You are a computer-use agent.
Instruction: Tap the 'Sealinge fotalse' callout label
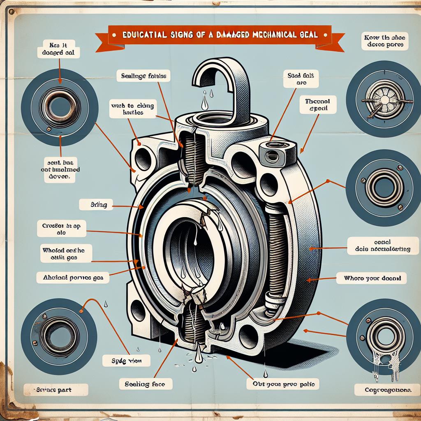143,76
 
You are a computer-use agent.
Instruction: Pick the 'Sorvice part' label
56,389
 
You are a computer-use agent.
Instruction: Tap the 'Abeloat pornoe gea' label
73,278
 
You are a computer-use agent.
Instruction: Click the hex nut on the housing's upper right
271,155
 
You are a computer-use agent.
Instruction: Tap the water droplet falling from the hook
204,104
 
